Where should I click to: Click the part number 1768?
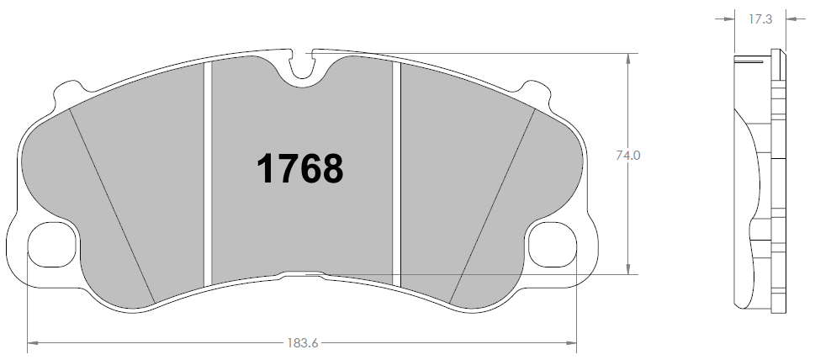coord(299,168)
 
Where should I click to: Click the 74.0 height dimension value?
coord(629,156)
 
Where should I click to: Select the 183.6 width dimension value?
coord(302,343)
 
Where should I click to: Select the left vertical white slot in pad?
coord(207,172)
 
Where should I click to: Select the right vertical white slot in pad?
coord(398,172)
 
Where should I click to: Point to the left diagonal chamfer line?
coord(112,206)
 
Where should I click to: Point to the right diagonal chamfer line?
coord(495,206)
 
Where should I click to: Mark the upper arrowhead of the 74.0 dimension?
coord(627,58)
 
